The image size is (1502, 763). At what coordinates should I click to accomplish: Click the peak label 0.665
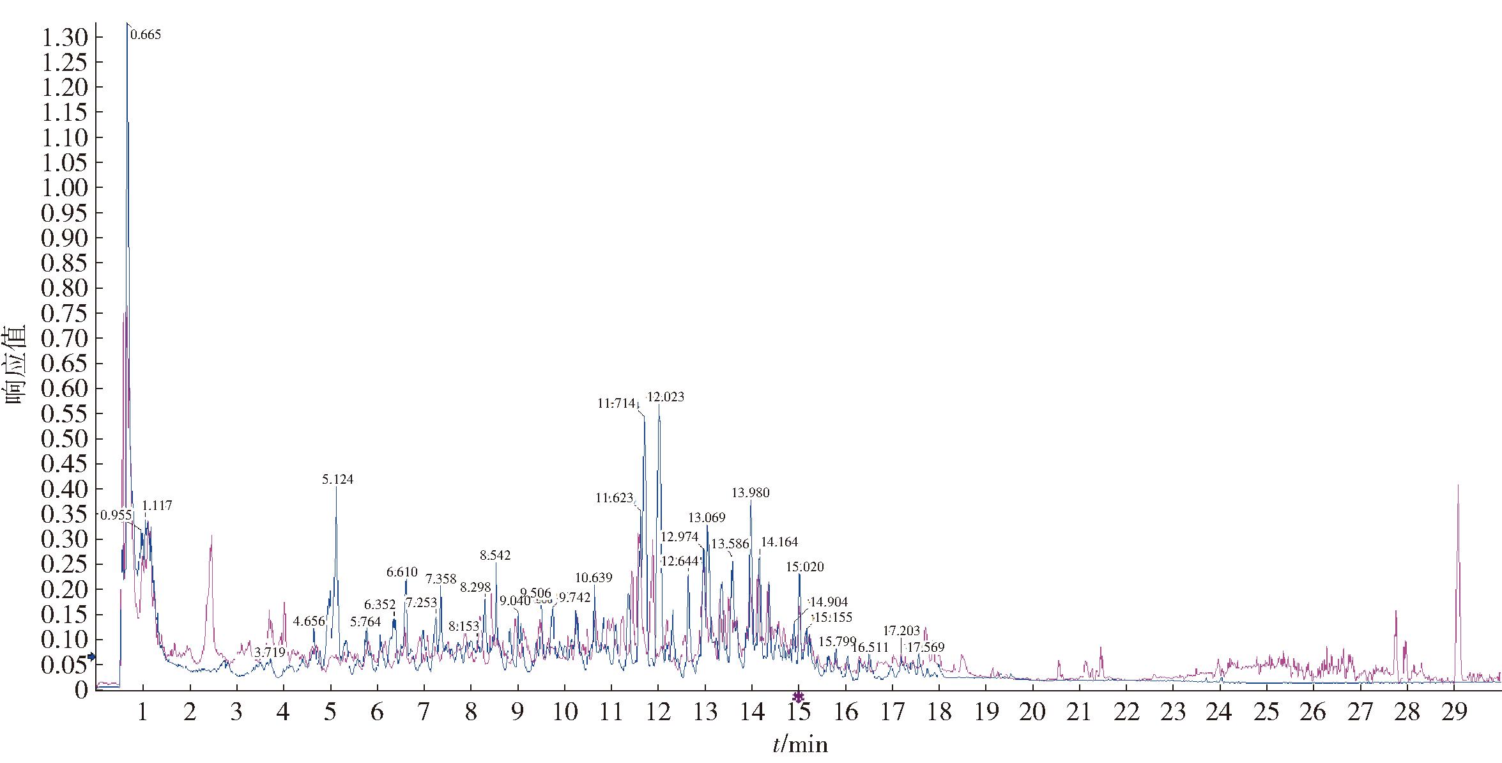[x=146, y=35]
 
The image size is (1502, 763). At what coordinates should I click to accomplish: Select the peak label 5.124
[x=338, y=479]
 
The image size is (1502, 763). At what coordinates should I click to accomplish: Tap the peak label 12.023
[x=666, y=397]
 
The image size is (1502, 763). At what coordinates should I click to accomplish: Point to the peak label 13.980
[x=751, y=493]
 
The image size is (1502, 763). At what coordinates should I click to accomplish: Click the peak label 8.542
[x=495, y=555]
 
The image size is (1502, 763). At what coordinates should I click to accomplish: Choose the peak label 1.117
[x=157, y=505]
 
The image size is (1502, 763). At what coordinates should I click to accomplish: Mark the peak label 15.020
[x=805, y=567]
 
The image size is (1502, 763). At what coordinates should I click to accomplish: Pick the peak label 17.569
[x=926, y=647]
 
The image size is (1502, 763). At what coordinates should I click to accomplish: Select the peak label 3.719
[x=270, y=652]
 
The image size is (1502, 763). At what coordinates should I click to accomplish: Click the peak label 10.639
[x=594, y=578]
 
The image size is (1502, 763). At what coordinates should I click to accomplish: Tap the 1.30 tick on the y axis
[x=64, y=38]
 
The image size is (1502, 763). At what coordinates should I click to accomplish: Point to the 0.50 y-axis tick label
[x=64, y=440]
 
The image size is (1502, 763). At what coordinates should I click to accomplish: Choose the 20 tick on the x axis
[x=1032, y=712]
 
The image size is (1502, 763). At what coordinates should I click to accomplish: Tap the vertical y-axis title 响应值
[x=15, y=364]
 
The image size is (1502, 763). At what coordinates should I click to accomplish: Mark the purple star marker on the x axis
[x=798, y=697]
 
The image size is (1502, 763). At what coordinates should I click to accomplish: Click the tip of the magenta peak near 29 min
[x=1458, y=485]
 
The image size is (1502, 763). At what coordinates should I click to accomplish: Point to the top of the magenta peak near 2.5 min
[x=211, y=536]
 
